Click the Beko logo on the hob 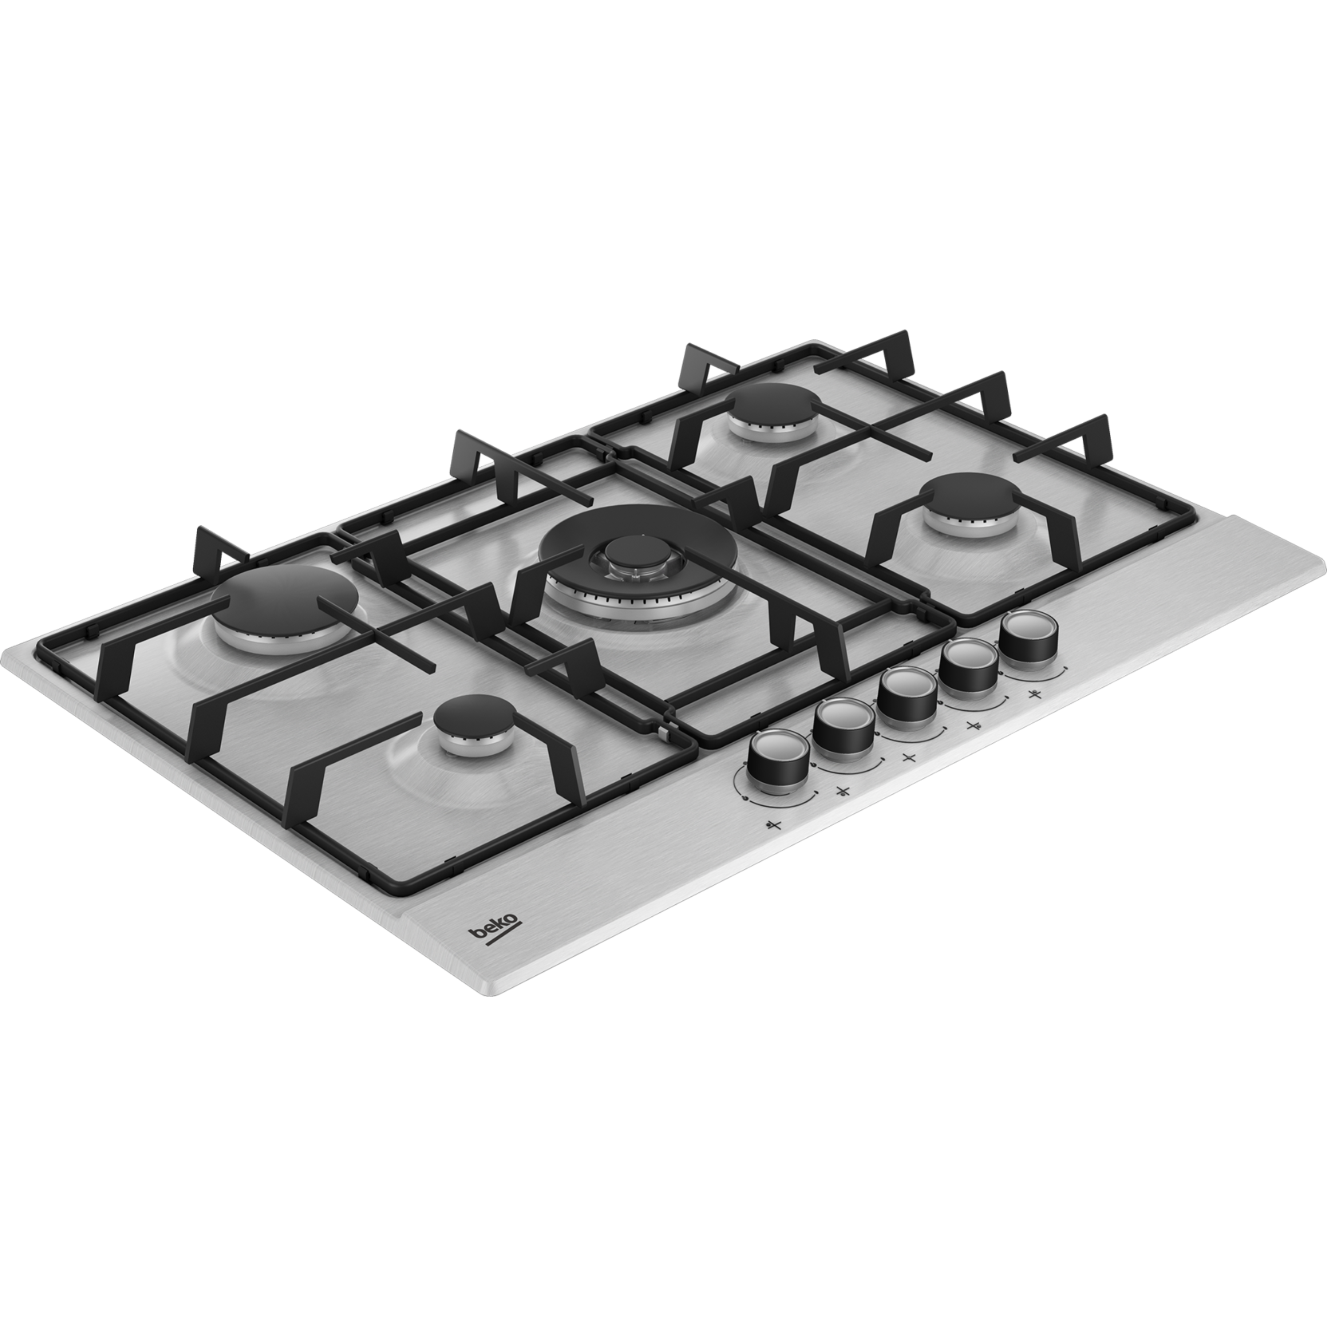(x=495, y=930)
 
